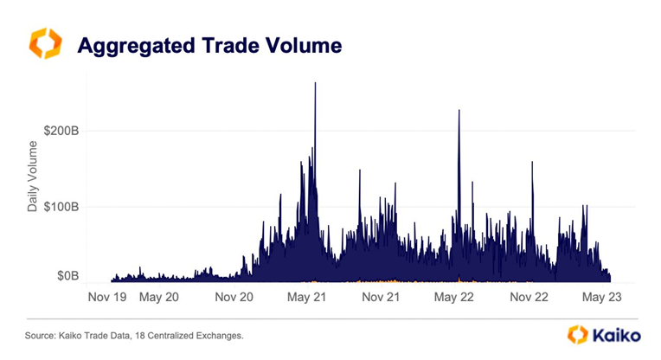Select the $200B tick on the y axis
click(x=63, y=131)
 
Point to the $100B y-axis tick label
click(x=63, y=207)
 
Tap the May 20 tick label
click(x=158, y=297)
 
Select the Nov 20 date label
click(x=233, y=297)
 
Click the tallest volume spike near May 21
click(x=315, y=84)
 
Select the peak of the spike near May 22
click(x=459, y=111)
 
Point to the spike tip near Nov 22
click(x=533, y=163)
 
